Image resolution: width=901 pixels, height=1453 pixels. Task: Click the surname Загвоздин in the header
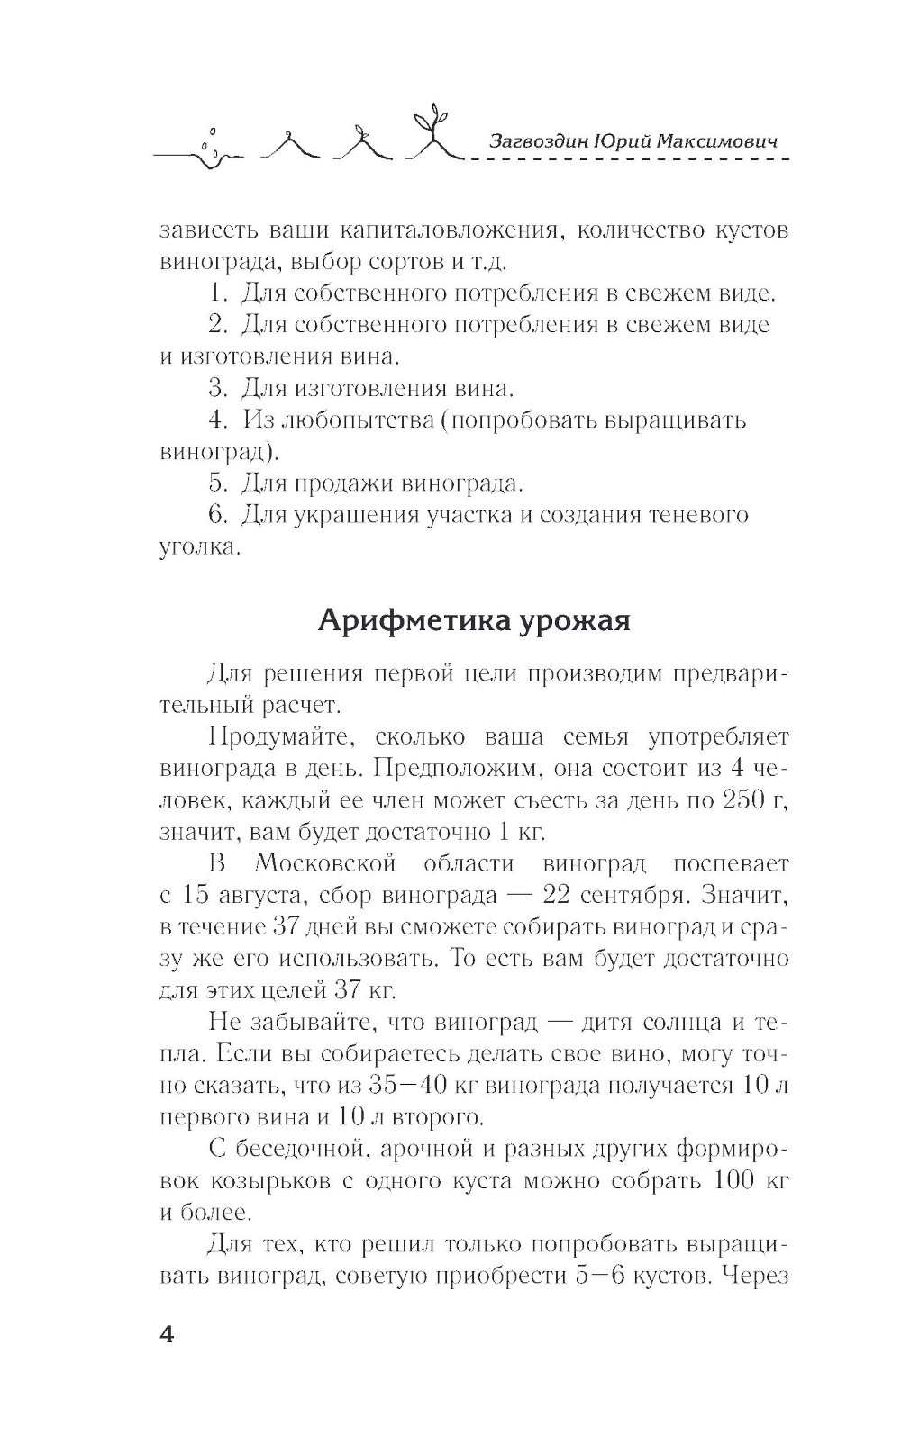coord(536,141)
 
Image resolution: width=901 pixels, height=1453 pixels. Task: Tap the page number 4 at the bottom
coord(167,1333)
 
